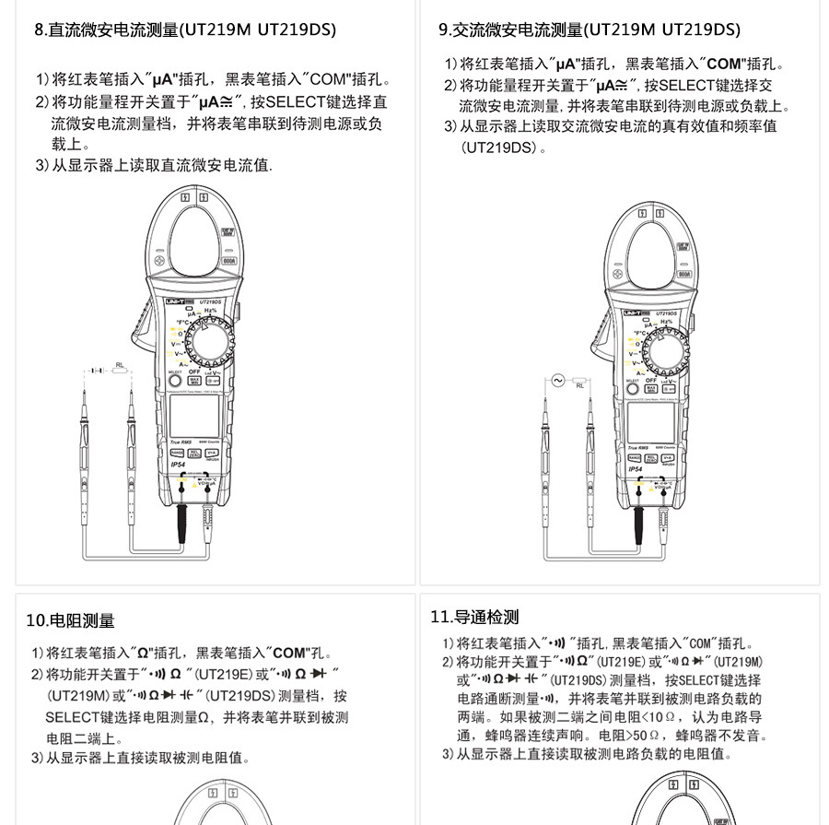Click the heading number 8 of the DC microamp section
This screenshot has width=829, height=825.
tap(39, 30)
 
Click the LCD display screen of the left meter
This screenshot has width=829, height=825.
tap(194, 415)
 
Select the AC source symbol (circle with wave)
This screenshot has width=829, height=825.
tap(556, 380)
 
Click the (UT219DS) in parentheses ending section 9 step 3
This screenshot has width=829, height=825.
tap(498, 147)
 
